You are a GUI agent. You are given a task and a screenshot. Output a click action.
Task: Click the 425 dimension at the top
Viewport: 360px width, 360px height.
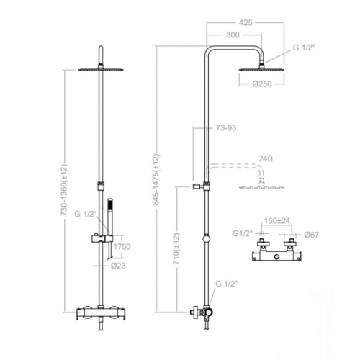[x=246, y=22]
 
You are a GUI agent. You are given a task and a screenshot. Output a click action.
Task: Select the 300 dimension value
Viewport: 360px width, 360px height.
[x=233, y=35]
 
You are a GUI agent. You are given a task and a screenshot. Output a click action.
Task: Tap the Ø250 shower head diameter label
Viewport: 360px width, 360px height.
[x=262, y=84]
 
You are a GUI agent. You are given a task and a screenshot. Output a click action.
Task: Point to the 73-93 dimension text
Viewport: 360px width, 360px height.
[x=226, y=128]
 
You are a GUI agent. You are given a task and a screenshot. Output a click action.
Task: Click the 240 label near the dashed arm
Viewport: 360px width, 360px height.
[x=266, y=158]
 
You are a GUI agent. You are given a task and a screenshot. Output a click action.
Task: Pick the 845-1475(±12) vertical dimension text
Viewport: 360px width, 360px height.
[x=156, y=179]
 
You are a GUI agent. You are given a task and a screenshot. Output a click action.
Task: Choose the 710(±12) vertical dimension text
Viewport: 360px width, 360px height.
[x=176, y=248]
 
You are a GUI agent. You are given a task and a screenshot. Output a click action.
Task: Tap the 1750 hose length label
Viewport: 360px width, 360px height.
[x=122, y=247]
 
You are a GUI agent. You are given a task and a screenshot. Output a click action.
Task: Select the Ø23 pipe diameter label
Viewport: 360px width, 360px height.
[x=118, y=266]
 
